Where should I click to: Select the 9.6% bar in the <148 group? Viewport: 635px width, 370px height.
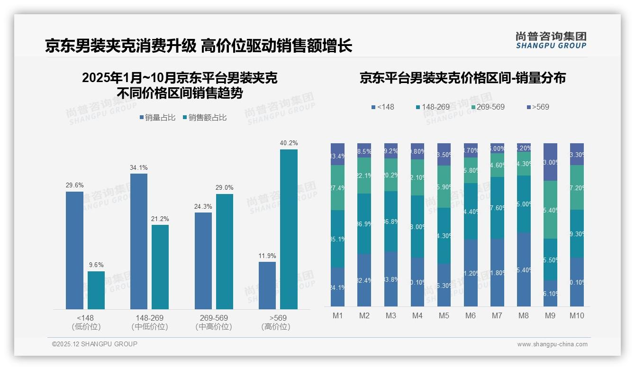[x=96, y=290]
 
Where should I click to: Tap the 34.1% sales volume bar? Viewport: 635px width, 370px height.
[x=138, y=241]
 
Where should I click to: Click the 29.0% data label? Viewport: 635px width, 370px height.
[x=225, y=188]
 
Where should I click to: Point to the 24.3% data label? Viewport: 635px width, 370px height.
[x=203, y=206]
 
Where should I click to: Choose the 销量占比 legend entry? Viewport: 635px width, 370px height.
[x=158, y=117]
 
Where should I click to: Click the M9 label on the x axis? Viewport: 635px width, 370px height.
[x=550, y=316]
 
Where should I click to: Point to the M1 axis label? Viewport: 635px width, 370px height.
[x=337, y=316]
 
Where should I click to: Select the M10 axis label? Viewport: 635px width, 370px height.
[x=577, y=316]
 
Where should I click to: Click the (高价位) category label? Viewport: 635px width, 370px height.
[x=275, y=327]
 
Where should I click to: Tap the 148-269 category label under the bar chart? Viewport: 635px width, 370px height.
[x=149, y=318]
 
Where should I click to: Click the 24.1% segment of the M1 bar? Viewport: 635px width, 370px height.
[x=337, y=287]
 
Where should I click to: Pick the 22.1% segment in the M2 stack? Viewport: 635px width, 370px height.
[x=364, y=176]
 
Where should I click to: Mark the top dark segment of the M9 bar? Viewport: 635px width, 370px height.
[x=550, y=162]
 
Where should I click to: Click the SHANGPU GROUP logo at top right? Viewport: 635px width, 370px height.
[x=551, y=40]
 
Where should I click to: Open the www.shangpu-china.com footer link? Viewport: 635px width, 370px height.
[x=552, y=344]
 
